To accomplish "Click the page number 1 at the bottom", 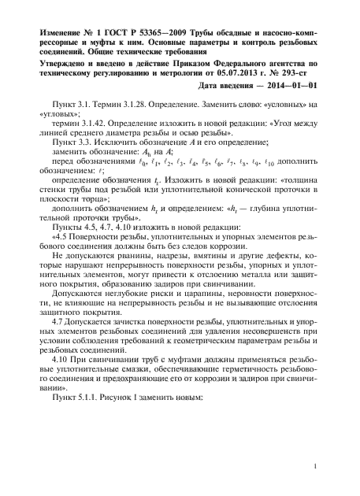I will [x=314, y=468].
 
